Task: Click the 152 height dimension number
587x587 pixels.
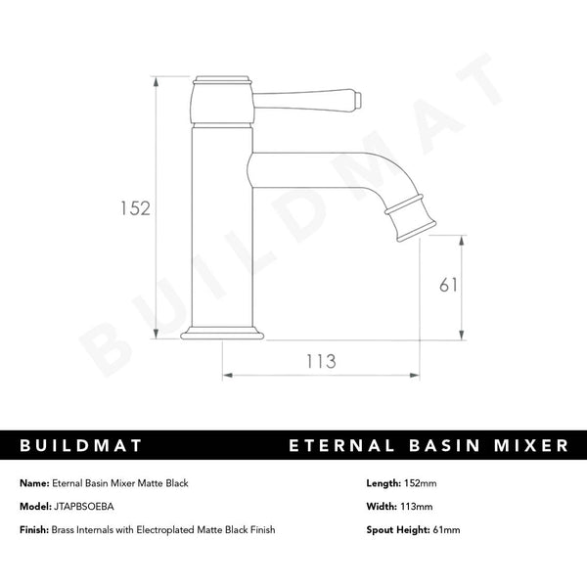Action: click(x=134, y=207)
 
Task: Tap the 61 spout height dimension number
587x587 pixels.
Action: click(x=449, y=285)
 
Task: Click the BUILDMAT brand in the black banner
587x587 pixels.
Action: click(x=82, y=446)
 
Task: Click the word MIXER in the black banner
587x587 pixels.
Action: click(x=529, y=446)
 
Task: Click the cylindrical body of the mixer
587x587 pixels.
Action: click(x=226, y=225)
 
